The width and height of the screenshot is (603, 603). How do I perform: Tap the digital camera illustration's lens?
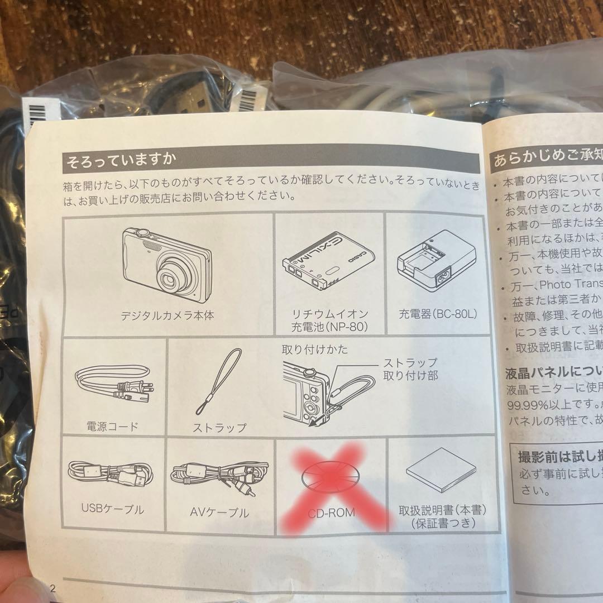pos(169,277)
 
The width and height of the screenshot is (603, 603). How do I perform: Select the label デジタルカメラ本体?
pos(167,315)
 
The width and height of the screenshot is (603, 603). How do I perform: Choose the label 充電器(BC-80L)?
pos(438,314)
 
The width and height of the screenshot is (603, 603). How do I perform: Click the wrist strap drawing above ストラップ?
pos(219,385)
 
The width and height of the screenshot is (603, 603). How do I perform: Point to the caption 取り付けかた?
pos(315,350)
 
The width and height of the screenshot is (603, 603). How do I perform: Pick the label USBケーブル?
pos(112,509)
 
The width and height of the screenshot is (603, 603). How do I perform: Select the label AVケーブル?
pos(220,512)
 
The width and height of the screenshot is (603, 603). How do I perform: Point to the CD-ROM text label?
pos(331,512)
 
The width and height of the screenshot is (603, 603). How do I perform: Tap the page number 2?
pos(54,588)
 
